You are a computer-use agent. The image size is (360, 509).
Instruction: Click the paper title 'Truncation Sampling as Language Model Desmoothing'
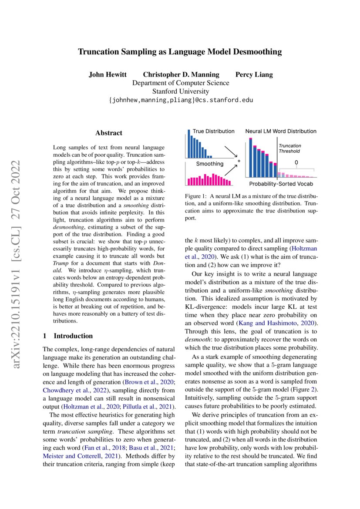[180, 52]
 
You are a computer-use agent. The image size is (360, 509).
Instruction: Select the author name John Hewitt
[108, 74]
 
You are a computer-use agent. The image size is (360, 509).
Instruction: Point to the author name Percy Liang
[254, 74]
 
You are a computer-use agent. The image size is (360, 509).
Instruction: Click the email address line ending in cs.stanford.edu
[180, 100]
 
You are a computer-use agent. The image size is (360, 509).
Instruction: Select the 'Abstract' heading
[109, 133]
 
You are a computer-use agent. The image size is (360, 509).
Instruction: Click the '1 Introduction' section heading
[67, 336]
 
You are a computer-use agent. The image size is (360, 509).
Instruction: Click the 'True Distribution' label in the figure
[213, 131]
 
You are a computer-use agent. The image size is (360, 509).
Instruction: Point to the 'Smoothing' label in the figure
[209, 164]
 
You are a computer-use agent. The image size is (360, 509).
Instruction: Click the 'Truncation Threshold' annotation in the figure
[289, 148]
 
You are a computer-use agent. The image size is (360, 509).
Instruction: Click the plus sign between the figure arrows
[239, 161]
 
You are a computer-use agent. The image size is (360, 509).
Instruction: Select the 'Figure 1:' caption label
[198, 197]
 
